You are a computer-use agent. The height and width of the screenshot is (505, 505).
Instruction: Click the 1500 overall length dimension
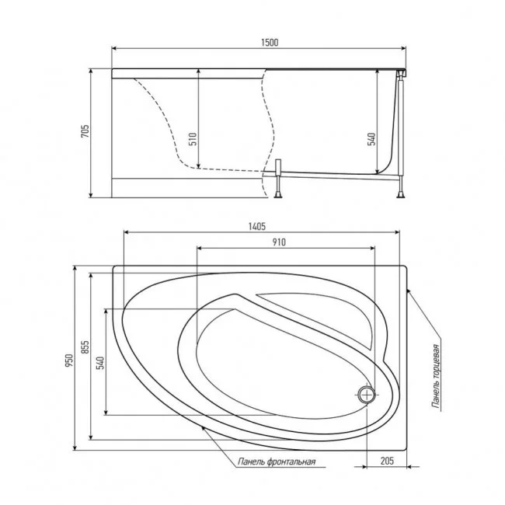click(270, 43)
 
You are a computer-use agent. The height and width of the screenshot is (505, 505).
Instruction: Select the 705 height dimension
click(85, 131)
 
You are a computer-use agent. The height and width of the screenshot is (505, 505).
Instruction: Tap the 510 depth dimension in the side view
click(193, 139)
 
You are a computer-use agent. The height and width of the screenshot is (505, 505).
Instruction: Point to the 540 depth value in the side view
click(371, 139)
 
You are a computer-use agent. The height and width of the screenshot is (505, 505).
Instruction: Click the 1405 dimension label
click(257, 227)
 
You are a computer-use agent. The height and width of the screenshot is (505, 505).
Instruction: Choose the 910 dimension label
click(279, 242)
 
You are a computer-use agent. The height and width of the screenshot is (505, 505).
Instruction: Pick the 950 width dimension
click(69, 360)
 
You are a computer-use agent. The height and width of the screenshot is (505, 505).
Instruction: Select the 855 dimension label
click(85, 347)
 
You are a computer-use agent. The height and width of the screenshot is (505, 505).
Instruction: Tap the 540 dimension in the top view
click(101, 362)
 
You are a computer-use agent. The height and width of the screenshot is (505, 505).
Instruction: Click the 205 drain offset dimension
click(387, 461)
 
